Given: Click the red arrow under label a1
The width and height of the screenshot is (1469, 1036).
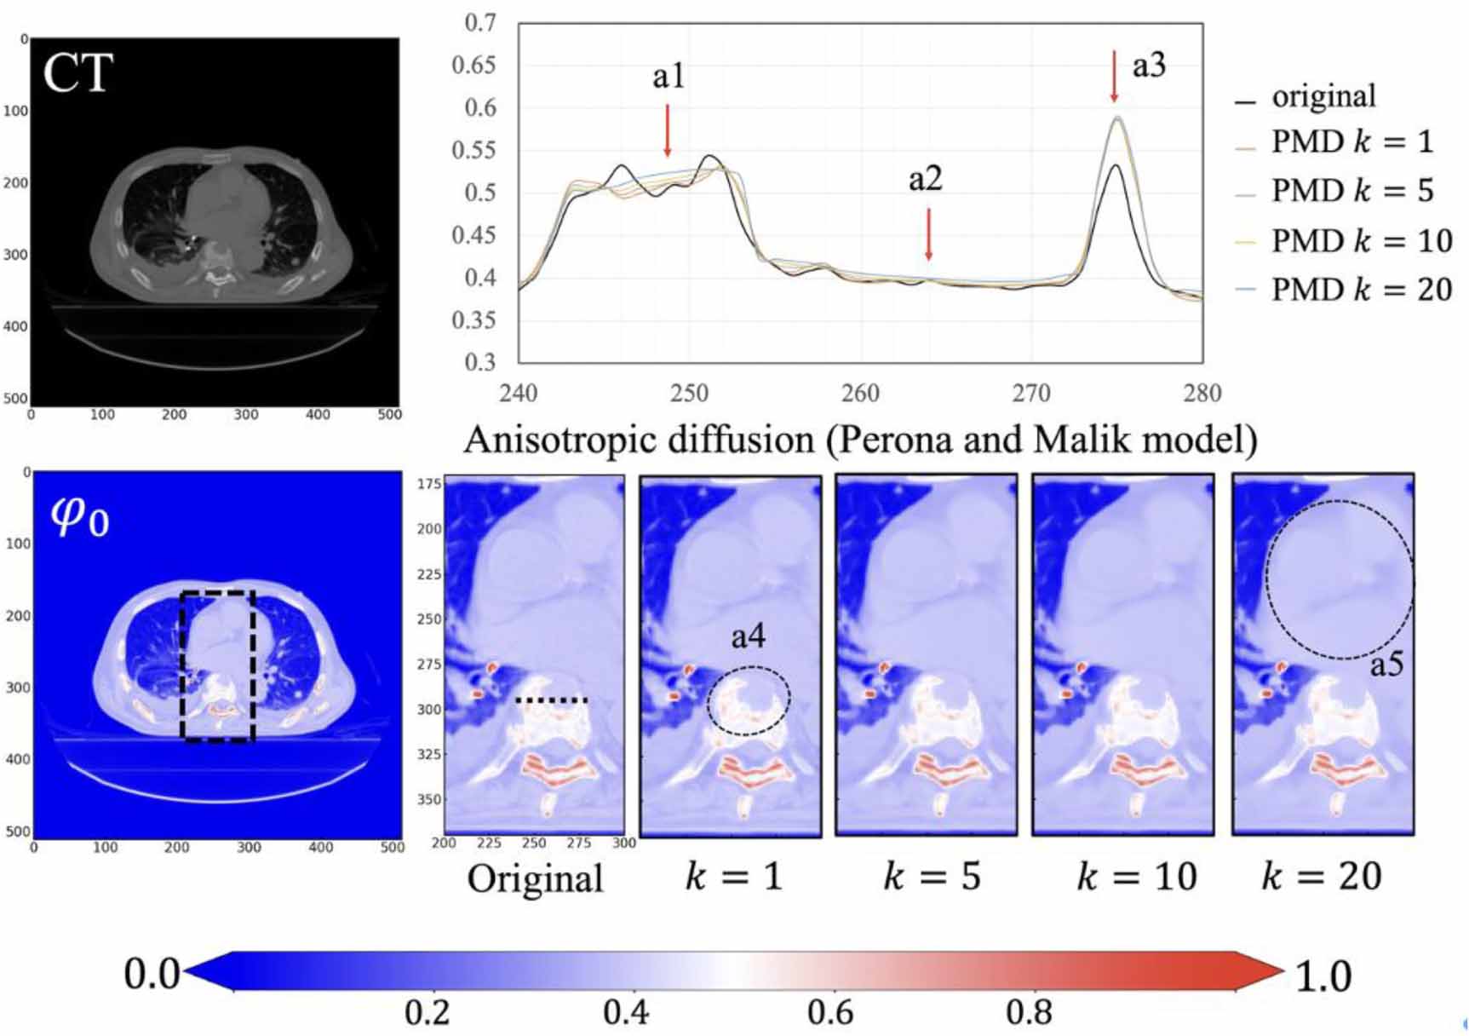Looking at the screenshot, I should coord(668,130).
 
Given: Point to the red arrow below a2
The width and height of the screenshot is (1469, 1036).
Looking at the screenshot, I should coord(928,234).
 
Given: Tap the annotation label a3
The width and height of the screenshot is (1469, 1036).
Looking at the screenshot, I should coord(1148,66).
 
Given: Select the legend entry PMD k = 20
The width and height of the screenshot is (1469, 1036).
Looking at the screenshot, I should coord(1361,290).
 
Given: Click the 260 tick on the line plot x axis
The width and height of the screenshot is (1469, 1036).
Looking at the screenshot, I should coord(860,394).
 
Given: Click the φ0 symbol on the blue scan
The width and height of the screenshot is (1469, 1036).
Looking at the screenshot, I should coord(80,515).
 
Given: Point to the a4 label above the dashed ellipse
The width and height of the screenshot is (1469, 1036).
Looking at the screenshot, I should coord(748,636).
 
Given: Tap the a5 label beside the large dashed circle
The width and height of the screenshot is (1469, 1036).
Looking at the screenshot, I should coord(1386,663).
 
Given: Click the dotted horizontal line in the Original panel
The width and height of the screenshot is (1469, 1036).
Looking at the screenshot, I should coord(552,700).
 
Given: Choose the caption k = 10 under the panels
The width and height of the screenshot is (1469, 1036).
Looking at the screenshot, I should coord(1137,876).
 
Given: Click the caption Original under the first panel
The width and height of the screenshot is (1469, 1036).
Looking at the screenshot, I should coord(535,878).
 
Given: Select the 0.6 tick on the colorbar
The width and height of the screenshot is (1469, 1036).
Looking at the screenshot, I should coord(829,1012).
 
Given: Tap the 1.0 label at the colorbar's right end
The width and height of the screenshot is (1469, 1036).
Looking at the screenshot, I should coord(1323,976).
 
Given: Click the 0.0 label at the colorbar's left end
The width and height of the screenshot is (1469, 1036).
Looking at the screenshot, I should coord(152,973).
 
